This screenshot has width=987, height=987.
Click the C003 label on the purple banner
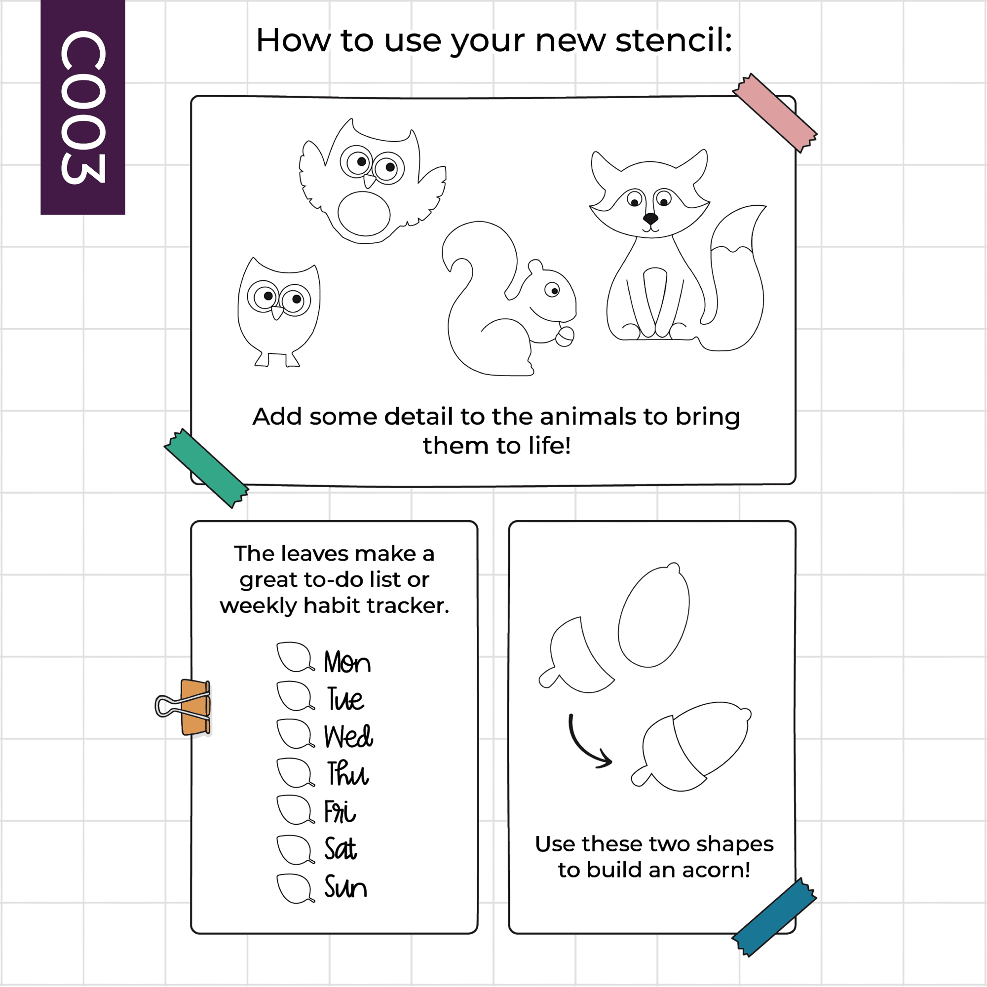(x=83, y=107)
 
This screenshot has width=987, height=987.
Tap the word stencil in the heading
(x=674, y=40)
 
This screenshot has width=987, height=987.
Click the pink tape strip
(x=774, y=113)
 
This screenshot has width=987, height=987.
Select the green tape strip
(x=206, y=468)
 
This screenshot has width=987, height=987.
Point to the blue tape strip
(x=774, y=917)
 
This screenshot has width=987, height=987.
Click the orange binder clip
(x=184, y=707)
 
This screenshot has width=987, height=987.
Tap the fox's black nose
(x=650, y=219)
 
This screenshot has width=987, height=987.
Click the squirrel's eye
(x=552, y=290)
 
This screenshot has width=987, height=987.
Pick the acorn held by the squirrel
(x=565, y=335)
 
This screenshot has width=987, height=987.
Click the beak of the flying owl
(x=369, y=181)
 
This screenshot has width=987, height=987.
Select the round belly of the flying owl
(x=364, y=214)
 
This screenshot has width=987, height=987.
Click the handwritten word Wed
(x=348, y=736)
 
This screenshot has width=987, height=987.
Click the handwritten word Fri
(x=340, y=812)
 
